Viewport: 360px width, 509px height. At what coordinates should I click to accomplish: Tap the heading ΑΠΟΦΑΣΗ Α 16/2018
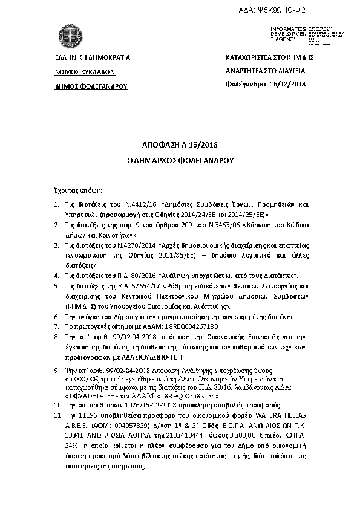[179, 146]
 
